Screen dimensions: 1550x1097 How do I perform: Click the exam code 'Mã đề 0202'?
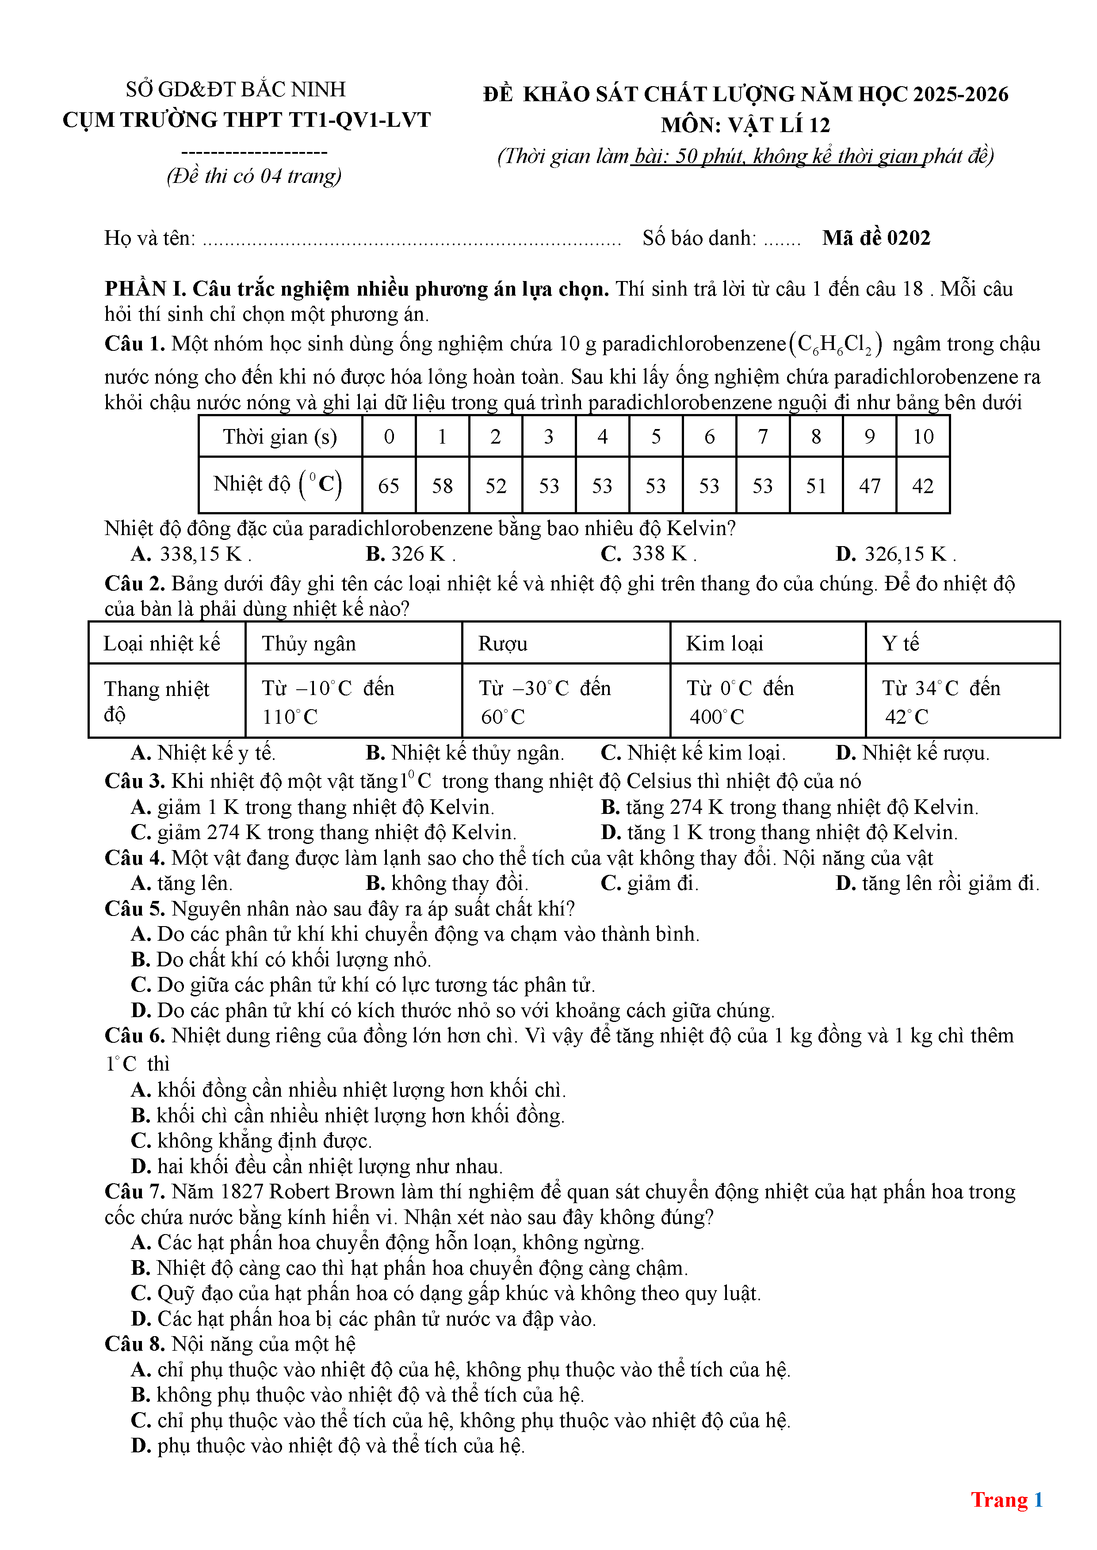tap(875, 238)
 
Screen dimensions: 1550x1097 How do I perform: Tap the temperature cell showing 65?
tap(388, 486)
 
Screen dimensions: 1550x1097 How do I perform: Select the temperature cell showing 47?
tap(869, 486)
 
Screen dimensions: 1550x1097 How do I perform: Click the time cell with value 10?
tap(923, 437)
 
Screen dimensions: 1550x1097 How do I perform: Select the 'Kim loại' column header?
tap(724, 643)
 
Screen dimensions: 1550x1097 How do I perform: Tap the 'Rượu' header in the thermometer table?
tap(503, 643)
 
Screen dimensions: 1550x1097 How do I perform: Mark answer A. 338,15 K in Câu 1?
tap(191, 554)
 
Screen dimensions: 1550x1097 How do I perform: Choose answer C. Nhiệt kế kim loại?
tap(693, 753)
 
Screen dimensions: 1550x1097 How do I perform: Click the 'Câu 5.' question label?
tap(134, 909)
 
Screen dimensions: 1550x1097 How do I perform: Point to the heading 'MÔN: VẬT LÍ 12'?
tap(745, 125)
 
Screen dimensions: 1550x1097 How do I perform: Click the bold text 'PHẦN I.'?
tap(145, 289)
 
